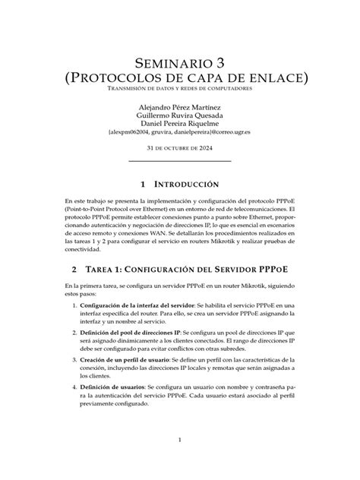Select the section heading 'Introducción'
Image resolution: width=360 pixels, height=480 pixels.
pos(186,185)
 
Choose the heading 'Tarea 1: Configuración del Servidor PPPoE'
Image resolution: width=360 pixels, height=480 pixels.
pos(186,270)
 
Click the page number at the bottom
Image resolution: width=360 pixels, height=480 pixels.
pos(179,440)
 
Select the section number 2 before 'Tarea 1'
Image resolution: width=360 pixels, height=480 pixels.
pos(74,270)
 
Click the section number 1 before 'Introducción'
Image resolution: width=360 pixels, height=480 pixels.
pos(144,185)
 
